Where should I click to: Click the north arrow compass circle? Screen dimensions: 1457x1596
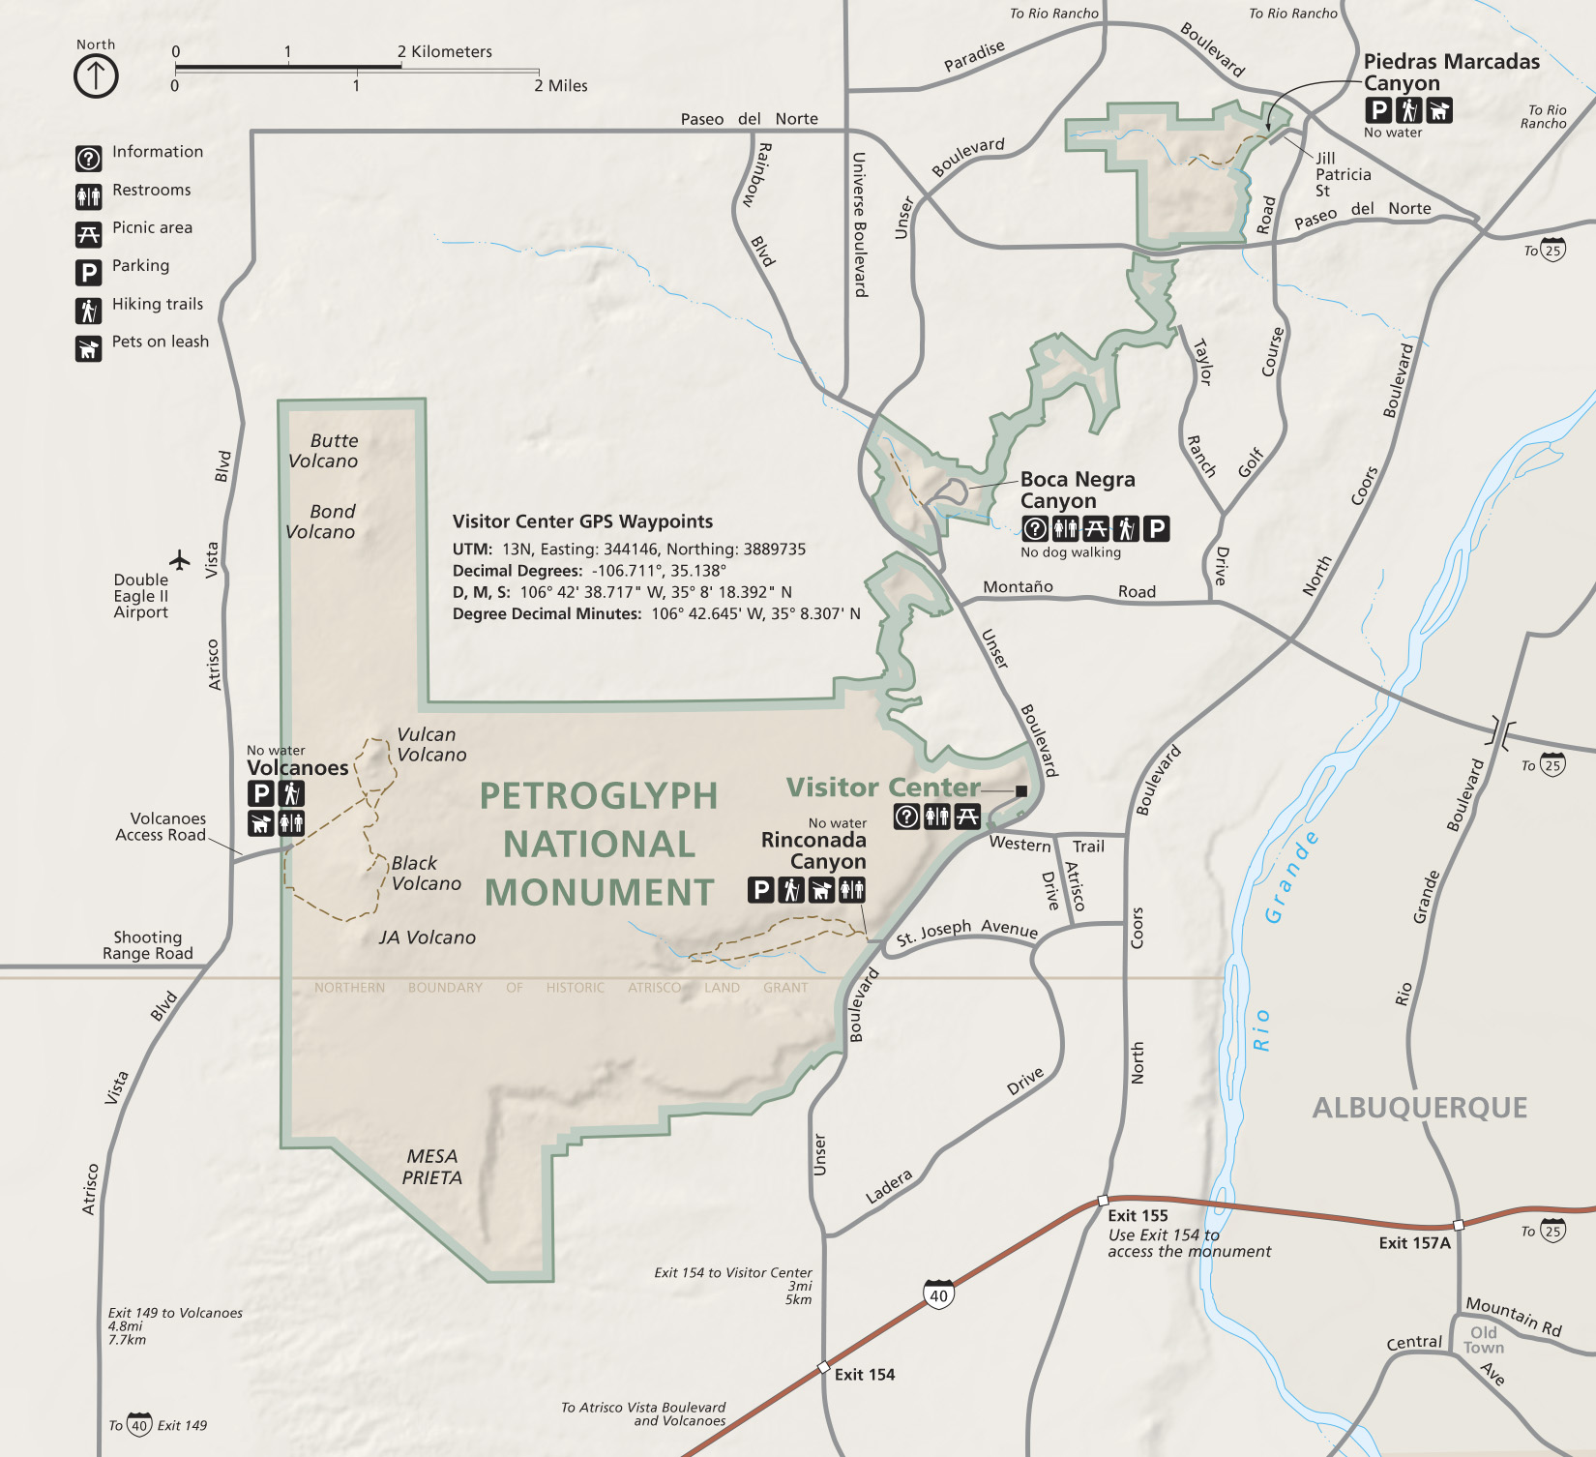point(96,75)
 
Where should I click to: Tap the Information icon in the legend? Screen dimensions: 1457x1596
point(88,158)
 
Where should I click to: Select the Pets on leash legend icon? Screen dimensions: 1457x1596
point(88,348)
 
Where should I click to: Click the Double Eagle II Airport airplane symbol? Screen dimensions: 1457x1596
point(180,559)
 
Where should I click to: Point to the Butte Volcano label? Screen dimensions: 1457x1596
point(324,451)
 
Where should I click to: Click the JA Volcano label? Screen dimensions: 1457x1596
point(428,937)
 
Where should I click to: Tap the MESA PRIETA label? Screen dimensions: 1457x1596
point(432,1167)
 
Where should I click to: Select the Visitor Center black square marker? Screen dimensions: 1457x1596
point(1021,790)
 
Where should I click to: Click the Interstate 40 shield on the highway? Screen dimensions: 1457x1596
point(939,1294)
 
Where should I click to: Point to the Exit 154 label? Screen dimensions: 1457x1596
point(865,1375)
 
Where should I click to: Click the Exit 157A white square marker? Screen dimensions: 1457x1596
point(1459,1225)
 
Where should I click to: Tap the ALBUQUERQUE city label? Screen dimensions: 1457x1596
point(1419,1108)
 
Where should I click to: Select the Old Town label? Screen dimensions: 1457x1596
point(1483,1340)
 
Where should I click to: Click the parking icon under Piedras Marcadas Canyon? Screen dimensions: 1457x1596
point(1379,110)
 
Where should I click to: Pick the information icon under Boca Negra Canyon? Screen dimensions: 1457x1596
point(1035,528)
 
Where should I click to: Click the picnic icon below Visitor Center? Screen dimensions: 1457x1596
point(967,817)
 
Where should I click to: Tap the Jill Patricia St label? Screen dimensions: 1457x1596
point(1343,174)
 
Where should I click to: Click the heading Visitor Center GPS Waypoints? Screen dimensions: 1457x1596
point(582,521)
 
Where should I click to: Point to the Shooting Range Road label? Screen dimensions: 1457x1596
point(148,945)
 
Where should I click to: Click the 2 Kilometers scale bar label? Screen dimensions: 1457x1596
point(445,51)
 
